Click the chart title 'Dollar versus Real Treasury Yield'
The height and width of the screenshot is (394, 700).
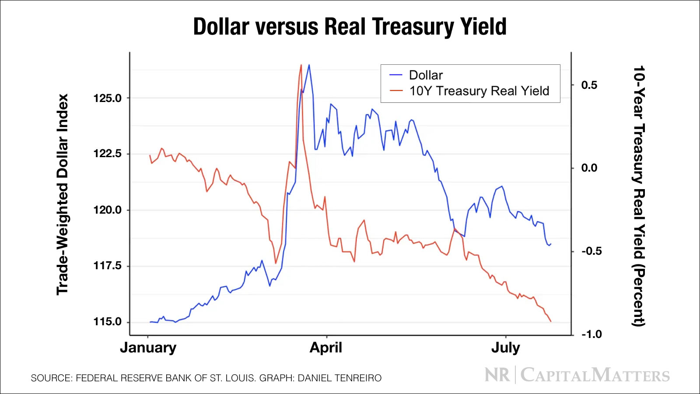(x=350, y=27)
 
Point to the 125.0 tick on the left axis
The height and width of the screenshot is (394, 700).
(x=107, y=98)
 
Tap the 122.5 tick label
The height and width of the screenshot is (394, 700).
(x=107, y=154)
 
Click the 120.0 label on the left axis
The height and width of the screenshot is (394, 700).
(x=107, y=210)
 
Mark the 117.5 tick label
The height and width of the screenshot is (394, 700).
(x=107, y=266)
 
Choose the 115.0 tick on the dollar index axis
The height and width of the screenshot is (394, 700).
(x=107, y=322)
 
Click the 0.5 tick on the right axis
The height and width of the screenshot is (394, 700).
(x=589, y=85)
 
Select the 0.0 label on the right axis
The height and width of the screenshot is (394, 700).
(x=589, y=168)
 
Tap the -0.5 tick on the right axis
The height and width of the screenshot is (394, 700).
(x=591, y=251)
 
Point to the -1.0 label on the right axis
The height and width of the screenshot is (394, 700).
(x=591, y=334)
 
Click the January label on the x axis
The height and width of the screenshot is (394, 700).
(x=148, y=348)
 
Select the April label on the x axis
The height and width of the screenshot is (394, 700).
(x=326, y=348)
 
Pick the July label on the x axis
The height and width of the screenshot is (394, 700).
(x=506, y=348)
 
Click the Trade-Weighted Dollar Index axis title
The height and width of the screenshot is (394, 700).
(x=63, y=194)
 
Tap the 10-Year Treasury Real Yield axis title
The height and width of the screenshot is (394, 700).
(x=639, y=196)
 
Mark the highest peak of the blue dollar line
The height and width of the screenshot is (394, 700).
(x=309, y=65)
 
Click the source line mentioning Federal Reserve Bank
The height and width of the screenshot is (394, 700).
(x=206, y=378)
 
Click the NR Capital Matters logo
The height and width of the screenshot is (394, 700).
(x=577, y=375)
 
